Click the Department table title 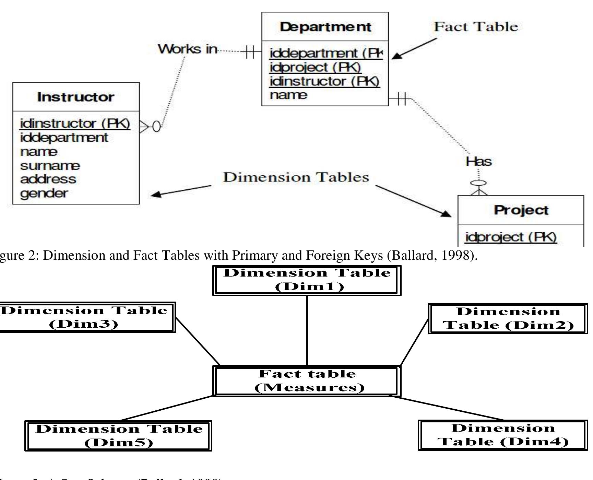[325, 27]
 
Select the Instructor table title [75, 97]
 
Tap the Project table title [521, 210]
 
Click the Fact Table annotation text [476, 27]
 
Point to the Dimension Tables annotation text [296, 177]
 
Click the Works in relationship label [187, 49]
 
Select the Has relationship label [478, 161]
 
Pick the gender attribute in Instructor [44, 193]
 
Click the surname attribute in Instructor [50, 166]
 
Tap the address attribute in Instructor [48, 179]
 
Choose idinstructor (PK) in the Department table [324, 81]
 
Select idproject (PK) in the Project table [511, 237]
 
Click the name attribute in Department [288, 95]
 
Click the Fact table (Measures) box [307, 381]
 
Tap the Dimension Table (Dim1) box [307, 280]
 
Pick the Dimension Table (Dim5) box [118, 435]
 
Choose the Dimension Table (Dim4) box [503, 435]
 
